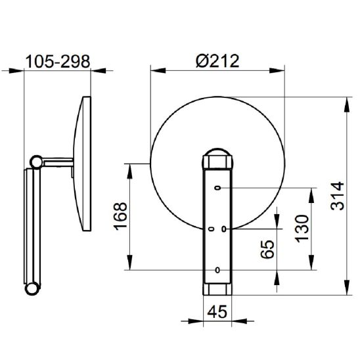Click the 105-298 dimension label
[x=58, y=62]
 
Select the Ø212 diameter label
[x=217, y=61]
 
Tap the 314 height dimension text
[x=337, y=196]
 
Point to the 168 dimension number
[x=120, y=216]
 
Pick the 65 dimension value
[x=267, y=249]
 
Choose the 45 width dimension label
[x=217, y=311]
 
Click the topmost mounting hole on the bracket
[x=217, y=188]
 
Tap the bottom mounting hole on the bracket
[x=217, y=270]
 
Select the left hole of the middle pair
[x=212, y=229]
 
